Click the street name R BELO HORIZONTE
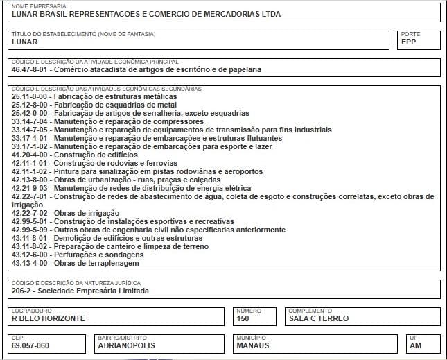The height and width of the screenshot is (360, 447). (49, 318)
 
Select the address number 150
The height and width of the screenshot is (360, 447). (243, 318)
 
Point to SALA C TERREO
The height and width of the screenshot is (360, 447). (319, 318)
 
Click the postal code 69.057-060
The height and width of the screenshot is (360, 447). (30, 345)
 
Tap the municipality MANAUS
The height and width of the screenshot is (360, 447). (253, 345)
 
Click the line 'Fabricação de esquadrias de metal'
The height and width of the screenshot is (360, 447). (109, 105)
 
